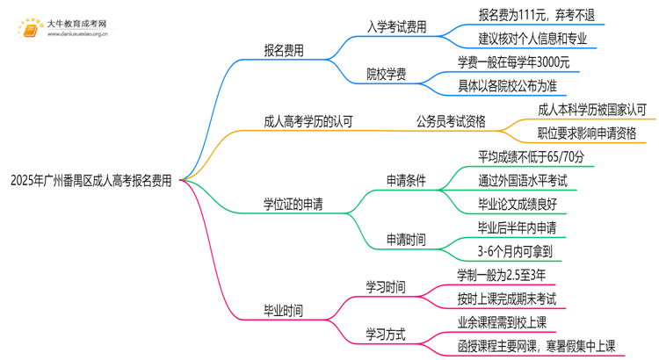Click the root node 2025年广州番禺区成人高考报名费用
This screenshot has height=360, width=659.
(91, 181)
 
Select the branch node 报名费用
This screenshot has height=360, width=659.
(285, 51)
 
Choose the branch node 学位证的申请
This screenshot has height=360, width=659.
(293, 205)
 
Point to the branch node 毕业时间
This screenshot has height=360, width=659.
(284, 310)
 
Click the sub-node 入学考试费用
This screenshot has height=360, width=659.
(397, 27)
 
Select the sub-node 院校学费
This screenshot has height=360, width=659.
(387, 74)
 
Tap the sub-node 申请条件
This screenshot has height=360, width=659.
(406, 181)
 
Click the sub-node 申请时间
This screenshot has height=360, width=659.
(406, 239)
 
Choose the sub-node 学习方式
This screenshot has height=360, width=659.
(386, 334)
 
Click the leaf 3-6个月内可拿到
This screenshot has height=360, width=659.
(514, 251)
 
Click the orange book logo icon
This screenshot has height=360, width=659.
(28, 28)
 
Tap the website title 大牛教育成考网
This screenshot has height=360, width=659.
(76, 23)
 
